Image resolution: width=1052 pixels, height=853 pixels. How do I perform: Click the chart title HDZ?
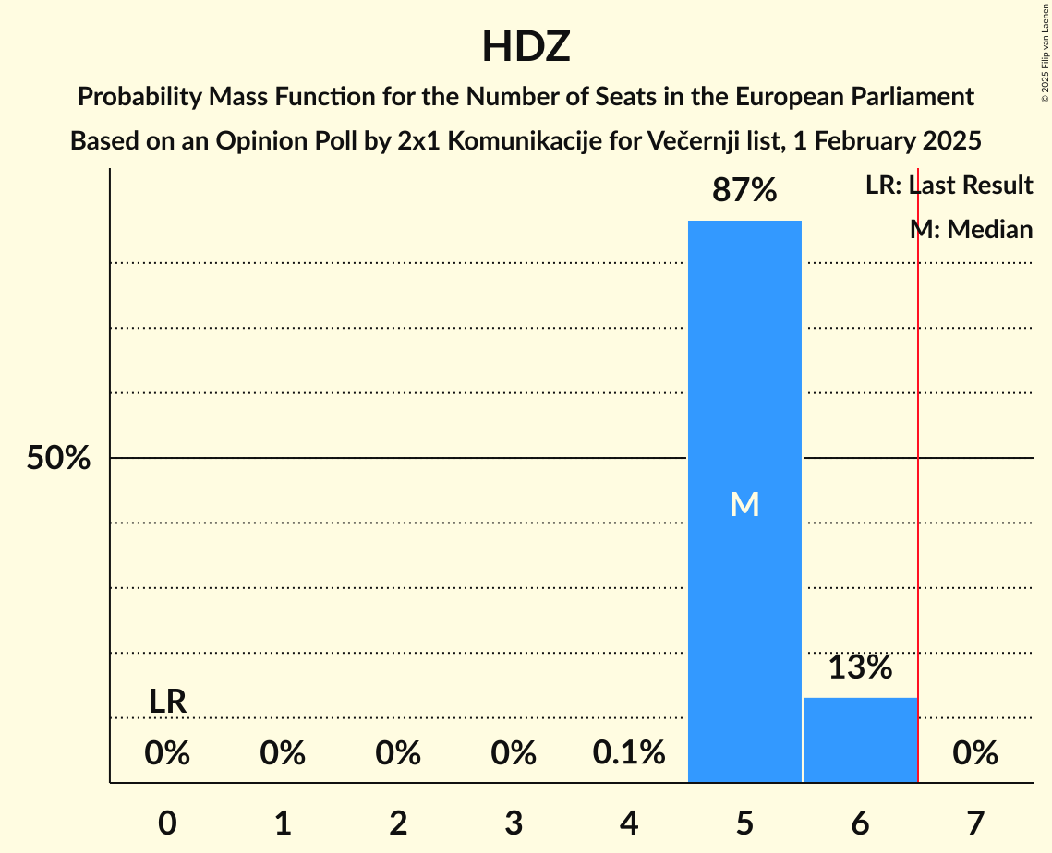(x=526, y=46)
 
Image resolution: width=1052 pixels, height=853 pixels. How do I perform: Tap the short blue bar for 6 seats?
(x=860, y=739)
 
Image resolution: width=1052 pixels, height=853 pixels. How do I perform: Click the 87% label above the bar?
(x=744, y=191)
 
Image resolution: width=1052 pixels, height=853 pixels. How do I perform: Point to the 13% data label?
(x=860, y=667)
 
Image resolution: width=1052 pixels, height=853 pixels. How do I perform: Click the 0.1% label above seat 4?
(x=629, y=753)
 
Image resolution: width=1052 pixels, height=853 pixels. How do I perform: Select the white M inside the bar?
(x=744, y=504)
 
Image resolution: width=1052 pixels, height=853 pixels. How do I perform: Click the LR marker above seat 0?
(x=168, y=702)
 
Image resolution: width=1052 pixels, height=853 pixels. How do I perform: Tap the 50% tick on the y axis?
(x=58, y=458)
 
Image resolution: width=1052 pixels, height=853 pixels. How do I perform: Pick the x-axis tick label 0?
(x=167, y=823)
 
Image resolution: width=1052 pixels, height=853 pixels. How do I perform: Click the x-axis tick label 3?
(x=514, y=823)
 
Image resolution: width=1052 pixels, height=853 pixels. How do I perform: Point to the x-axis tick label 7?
(x=975, y=823)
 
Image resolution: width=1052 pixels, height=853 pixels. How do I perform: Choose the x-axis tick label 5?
(x=744, y=823)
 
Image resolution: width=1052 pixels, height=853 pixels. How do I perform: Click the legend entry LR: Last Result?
(x=949, y=186)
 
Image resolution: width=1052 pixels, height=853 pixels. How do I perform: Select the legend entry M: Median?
(x=971, y=229)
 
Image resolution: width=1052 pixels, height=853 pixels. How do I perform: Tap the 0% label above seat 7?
(x=975, y=753)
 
